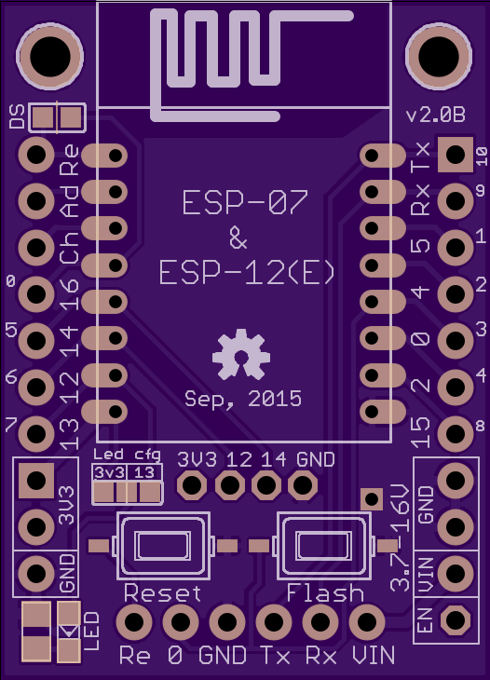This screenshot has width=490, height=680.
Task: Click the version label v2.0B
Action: point(435,116)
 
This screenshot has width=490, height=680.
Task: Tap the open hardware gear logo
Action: point(240,354)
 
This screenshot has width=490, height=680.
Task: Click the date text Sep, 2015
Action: point(243,399)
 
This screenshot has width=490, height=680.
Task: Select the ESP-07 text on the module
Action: point(245,202)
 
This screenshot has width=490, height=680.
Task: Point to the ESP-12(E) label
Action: point(247,273)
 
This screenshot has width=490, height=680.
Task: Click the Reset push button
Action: point(163,546)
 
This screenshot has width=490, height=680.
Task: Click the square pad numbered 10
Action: point(456,155)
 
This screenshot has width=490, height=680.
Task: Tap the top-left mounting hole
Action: point(50,57)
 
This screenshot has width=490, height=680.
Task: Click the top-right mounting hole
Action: point(439,57)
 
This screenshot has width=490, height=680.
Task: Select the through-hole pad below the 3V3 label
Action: point(192,484)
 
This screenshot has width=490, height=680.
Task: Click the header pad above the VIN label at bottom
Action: point(366,622)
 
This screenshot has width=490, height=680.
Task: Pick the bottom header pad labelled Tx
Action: point(274,622)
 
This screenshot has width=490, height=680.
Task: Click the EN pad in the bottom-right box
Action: point(456,619)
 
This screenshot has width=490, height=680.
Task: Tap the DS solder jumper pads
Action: point(57,117)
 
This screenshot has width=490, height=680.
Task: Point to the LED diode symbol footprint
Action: point(69,632)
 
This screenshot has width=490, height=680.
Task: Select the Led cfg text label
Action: point(127,455)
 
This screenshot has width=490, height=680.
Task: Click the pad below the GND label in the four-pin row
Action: point(302,484)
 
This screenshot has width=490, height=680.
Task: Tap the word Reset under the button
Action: point(163,592)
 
